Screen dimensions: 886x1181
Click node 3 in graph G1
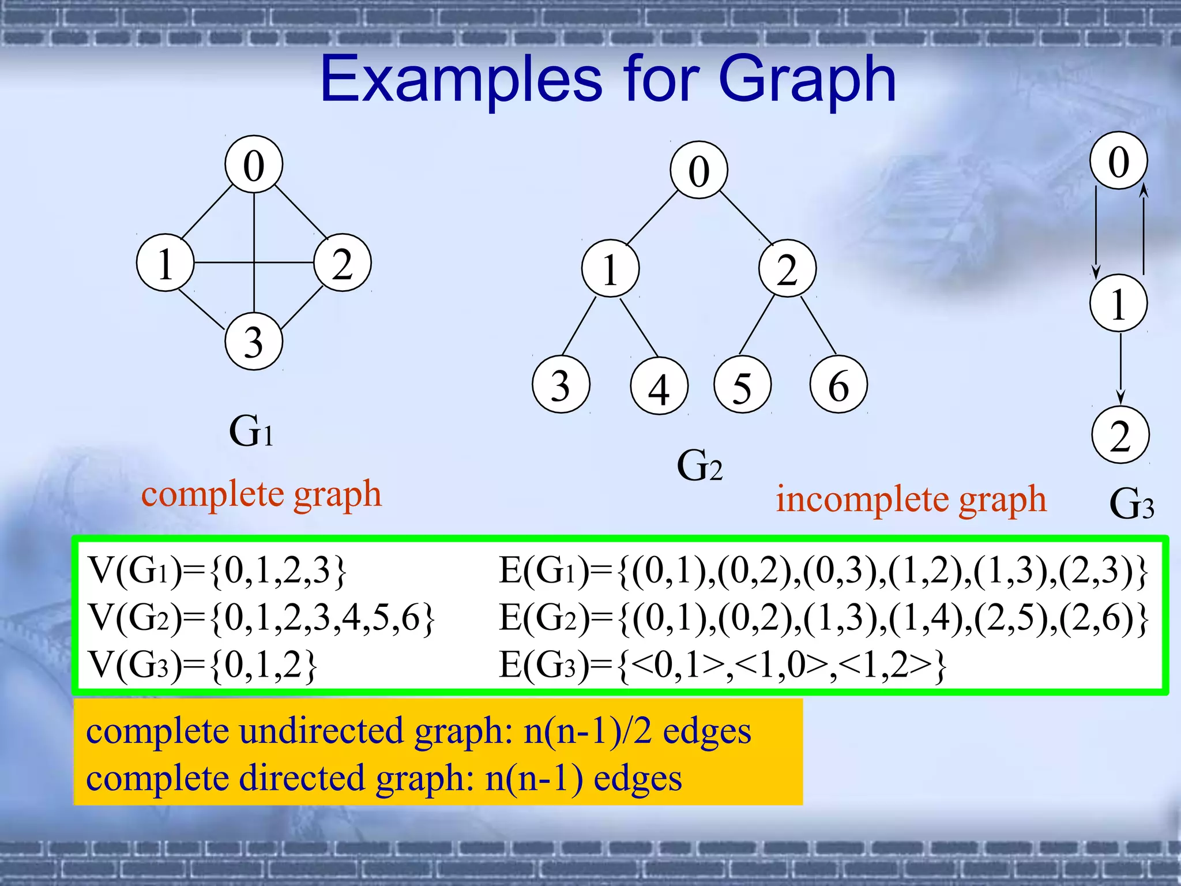[254, 341]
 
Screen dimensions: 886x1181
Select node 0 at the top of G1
[254, 165]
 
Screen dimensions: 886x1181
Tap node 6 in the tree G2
[838, 385]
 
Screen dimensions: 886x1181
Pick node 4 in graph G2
[659, 386]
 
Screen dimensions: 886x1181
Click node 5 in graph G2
[742, 385]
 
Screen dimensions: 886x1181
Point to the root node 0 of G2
[699, 170]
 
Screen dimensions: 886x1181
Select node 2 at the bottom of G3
[1120, 435]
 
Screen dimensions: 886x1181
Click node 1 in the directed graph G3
[1118, 303]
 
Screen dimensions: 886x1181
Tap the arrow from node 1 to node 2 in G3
[1120, 369]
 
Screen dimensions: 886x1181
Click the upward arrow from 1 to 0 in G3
[1144, 231]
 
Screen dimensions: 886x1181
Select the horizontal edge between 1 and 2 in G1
[225, 263]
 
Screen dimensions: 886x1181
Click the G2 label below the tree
[699, 465]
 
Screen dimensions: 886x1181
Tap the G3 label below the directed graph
[1131, 504]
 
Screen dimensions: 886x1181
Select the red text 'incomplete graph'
[911, 499]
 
